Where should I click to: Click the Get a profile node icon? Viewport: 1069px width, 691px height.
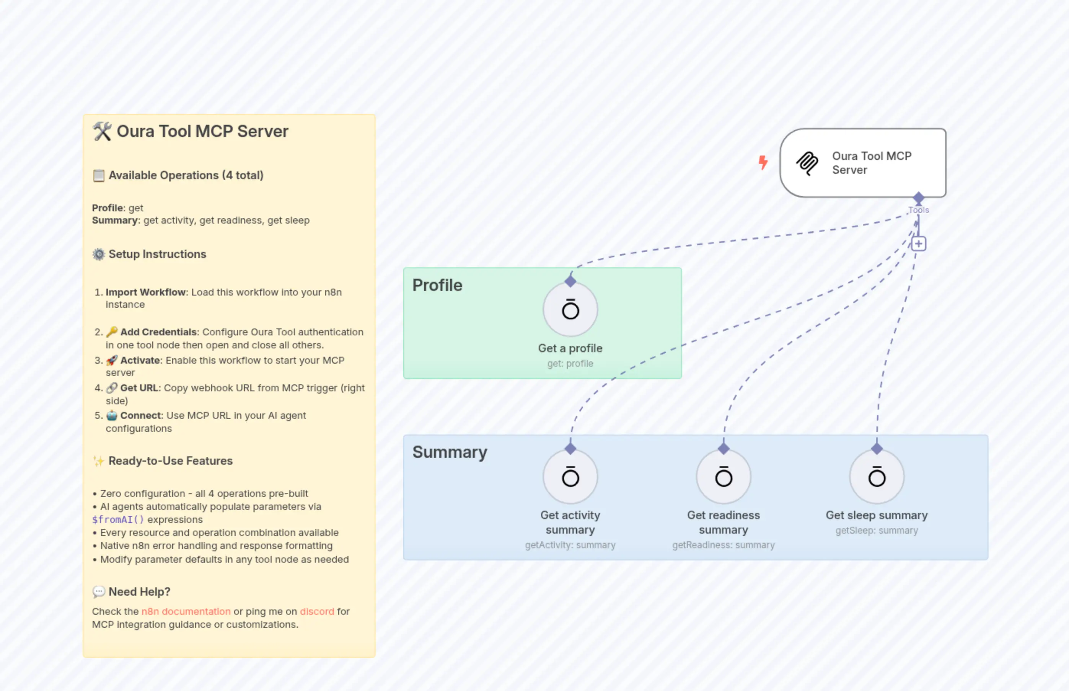pos(570,310)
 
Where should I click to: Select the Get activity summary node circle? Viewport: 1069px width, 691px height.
pos(570,477)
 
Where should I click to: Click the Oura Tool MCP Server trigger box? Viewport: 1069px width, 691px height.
pos(863,163)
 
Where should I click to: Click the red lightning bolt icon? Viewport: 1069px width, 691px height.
pos(763,162)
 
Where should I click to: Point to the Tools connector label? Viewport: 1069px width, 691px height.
pos(918,210)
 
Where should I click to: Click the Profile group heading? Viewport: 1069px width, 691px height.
pos(437,285)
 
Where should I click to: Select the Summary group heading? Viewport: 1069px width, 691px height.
pos(449,452)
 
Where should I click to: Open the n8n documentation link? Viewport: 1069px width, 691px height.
pos(186,612)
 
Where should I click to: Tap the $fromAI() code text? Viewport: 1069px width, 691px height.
pos(118,519)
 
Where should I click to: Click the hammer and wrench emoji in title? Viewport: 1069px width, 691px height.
pos(102,131)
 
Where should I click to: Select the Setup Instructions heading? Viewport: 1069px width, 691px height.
pos(157,255)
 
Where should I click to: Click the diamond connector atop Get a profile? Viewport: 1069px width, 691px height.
pos(570,281)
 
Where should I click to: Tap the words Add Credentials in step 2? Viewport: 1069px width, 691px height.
pos(158,332)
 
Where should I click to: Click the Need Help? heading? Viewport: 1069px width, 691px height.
pos(139,592)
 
